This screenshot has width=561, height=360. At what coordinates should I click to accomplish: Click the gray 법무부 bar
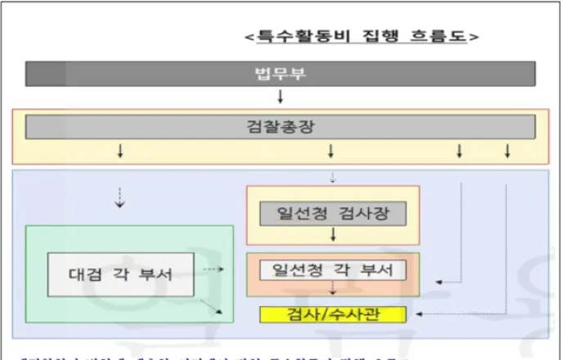click(280, 74)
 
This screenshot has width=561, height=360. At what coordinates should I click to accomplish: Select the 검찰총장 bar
click(280, 126)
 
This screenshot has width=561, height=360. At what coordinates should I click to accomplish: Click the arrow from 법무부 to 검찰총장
click(280, 97)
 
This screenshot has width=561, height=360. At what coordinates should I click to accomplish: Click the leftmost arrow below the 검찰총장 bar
click(121, 151)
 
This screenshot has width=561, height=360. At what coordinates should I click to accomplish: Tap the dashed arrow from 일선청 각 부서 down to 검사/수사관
click(333, 290)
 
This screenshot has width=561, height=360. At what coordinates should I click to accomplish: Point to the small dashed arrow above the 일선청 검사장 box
click(332, 178)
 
